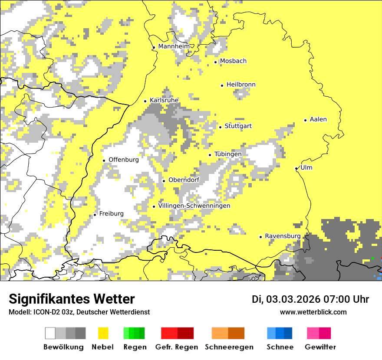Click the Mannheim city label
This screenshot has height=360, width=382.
(174, 46)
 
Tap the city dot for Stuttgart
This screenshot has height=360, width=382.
(221, 127)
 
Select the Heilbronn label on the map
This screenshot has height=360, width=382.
(241, 85)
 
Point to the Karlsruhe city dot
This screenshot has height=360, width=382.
(145, 101)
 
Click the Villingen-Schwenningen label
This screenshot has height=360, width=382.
(194, 206)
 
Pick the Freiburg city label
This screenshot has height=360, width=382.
(111, 213)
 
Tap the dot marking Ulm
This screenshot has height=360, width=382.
(296, 168)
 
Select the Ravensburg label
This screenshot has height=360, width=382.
(283, 236)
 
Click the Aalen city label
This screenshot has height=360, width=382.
(318, 119)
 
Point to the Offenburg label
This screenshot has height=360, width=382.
(123, 160)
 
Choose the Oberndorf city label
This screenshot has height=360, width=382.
(184, 180)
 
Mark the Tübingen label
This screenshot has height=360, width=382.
(228, 154)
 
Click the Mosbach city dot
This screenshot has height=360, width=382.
(215, 62)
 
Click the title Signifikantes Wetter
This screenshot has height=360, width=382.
(72, 299)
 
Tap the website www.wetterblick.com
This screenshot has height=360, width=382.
(313, 312)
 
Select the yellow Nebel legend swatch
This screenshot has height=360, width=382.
(103, 333)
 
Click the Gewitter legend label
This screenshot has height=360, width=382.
(320, 347)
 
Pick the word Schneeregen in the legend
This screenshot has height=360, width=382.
(229, 347)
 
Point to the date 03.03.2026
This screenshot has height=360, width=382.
(293, 299)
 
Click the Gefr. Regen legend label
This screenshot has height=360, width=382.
(176, 347)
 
